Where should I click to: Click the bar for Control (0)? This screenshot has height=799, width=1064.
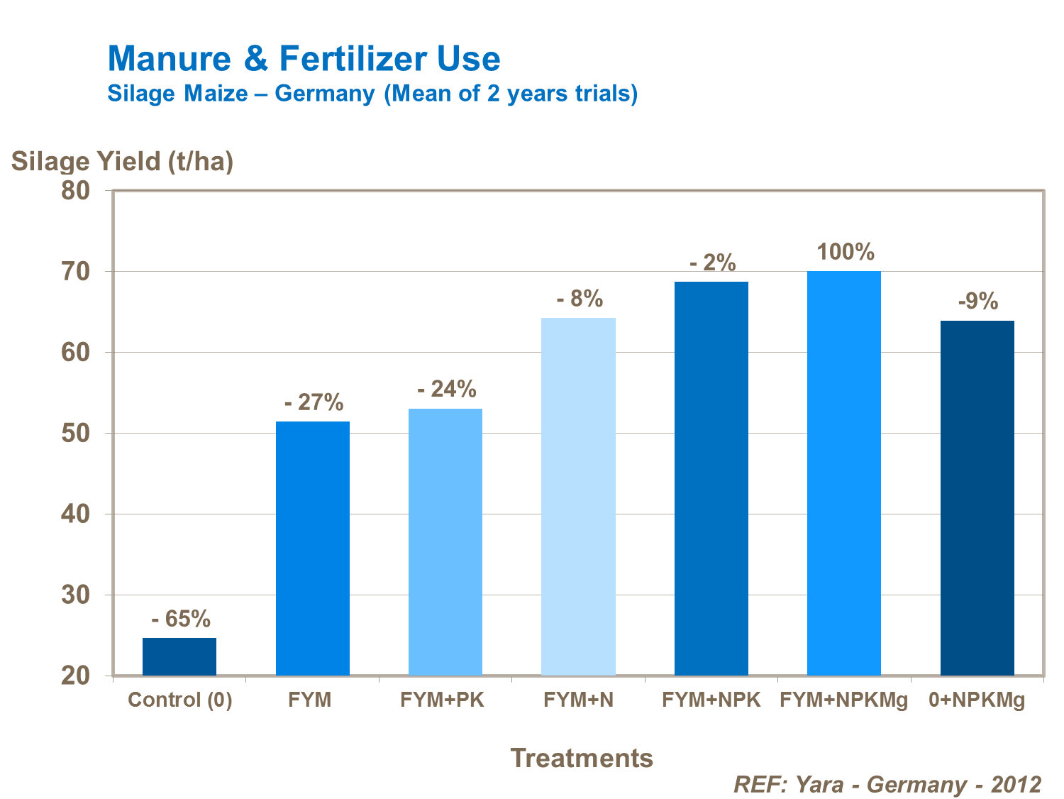179,656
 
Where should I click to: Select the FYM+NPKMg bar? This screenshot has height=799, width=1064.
844,473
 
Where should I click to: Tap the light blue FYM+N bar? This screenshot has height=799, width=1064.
578,496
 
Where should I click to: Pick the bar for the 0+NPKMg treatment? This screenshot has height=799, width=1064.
977,497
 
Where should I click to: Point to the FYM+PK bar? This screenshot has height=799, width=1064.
445,541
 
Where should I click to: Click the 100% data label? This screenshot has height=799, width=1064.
845,252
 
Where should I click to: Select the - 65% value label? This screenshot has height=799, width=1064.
181,619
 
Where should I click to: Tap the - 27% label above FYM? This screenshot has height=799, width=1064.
314,402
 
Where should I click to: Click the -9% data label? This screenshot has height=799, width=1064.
978,302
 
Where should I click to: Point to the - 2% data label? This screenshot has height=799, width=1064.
713,263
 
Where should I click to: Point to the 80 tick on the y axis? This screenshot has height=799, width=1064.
76,190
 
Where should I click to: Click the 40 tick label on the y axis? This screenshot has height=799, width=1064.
76,514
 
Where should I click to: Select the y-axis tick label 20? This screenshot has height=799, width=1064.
76,676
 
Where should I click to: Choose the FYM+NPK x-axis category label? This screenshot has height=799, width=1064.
711,700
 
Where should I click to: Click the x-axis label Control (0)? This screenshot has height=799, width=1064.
180,700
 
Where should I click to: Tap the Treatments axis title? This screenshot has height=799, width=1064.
582,758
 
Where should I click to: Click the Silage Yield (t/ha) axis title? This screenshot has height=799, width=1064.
122,161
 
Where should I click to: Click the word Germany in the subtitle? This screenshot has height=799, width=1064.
325,93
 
